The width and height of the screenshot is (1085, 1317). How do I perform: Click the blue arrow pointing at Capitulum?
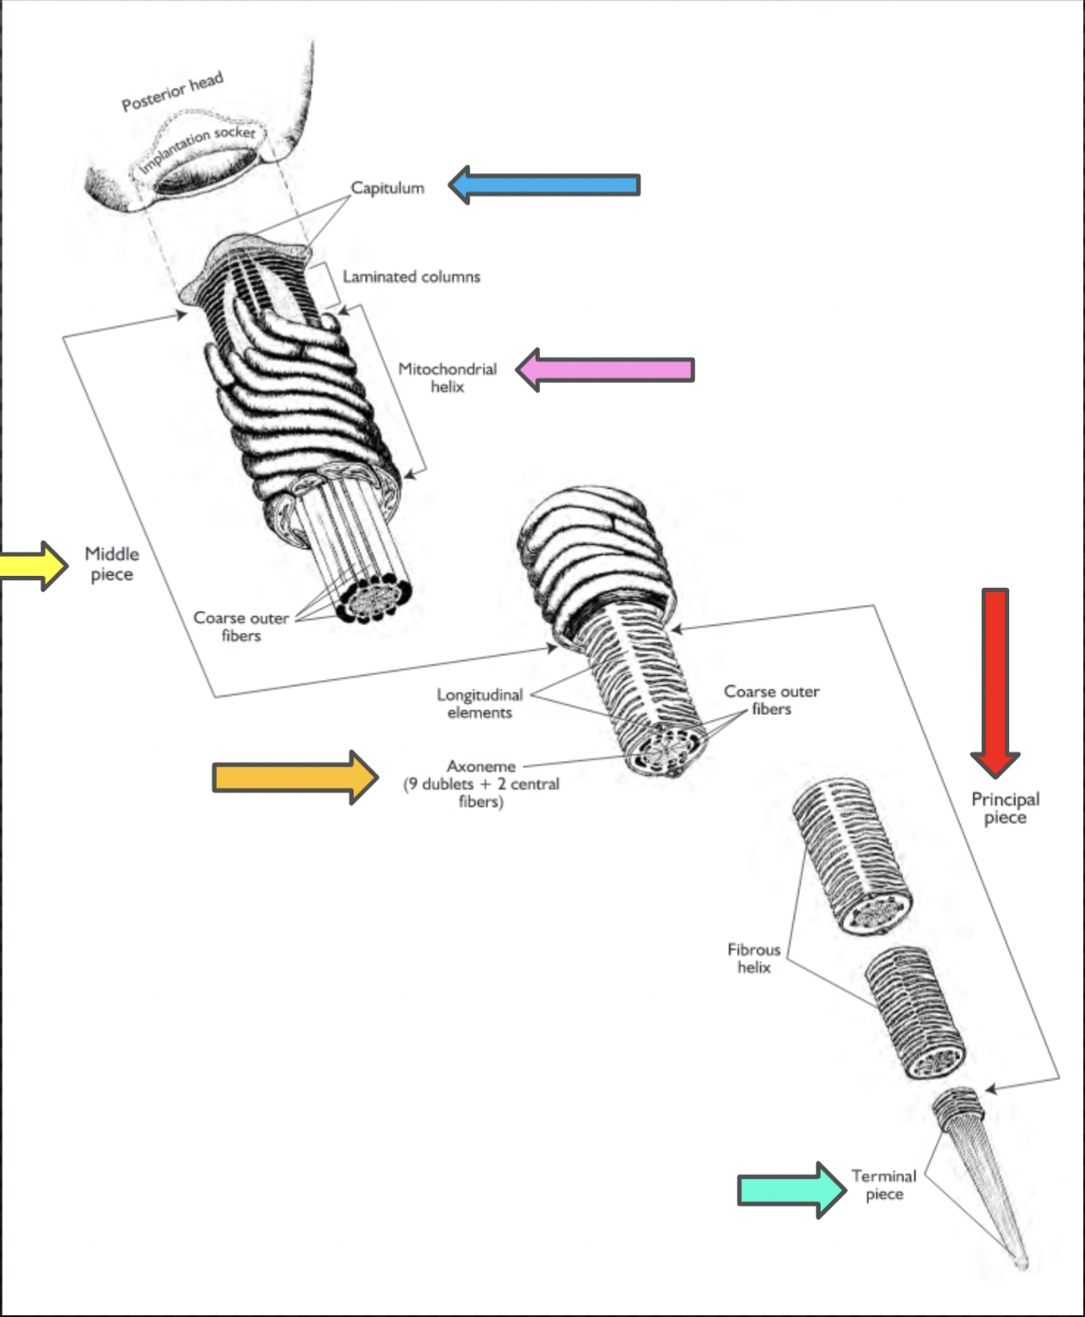(x=544, y=185)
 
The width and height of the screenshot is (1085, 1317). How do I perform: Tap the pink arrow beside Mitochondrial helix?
(x=604, y=369)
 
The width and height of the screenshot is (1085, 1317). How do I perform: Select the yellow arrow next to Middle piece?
(x=34, y=566)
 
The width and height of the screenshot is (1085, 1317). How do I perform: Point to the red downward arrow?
(x=995, y=683)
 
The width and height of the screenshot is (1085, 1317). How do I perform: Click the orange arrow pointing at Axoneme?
(x=295, y=777)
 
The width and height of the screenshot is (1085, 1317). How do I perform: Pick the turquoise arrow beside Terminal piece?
(x=792, y=1190)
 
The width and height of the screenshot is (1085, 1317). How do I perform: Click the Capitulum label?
(x=387, y=188)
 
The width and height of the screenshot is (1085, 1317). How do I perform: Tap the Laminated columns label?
(x=412, y=276)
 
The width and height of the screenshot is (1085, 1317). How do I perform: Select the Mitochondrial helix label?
(x=448, y=378)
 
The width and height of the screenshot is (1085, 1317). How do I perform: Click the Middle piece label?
(x=112, y=564)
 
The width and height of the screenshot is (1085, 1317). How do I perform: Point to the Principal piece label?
(x=1006, y=808)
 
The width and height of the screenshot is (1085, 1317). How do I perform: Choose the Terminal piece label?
(x=883, y=1185)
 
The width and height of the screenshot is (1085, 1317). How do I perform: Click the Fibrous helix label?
(x=754, y=958)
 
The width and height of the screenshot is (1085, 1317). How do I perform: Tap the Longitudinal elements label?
(x=480, y=703)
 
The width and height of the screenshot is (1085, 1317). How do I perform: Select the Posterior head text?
(x=172, y=91)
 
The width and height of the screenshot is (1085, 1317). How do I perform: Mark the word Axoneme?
(x=481, y=766)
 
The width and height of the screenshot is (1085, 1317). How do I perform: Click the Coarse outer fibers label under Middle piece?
(x=241, y=627)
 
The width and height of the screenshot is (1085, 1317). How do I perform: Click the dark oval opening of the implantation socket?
(x=206, y=170)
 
